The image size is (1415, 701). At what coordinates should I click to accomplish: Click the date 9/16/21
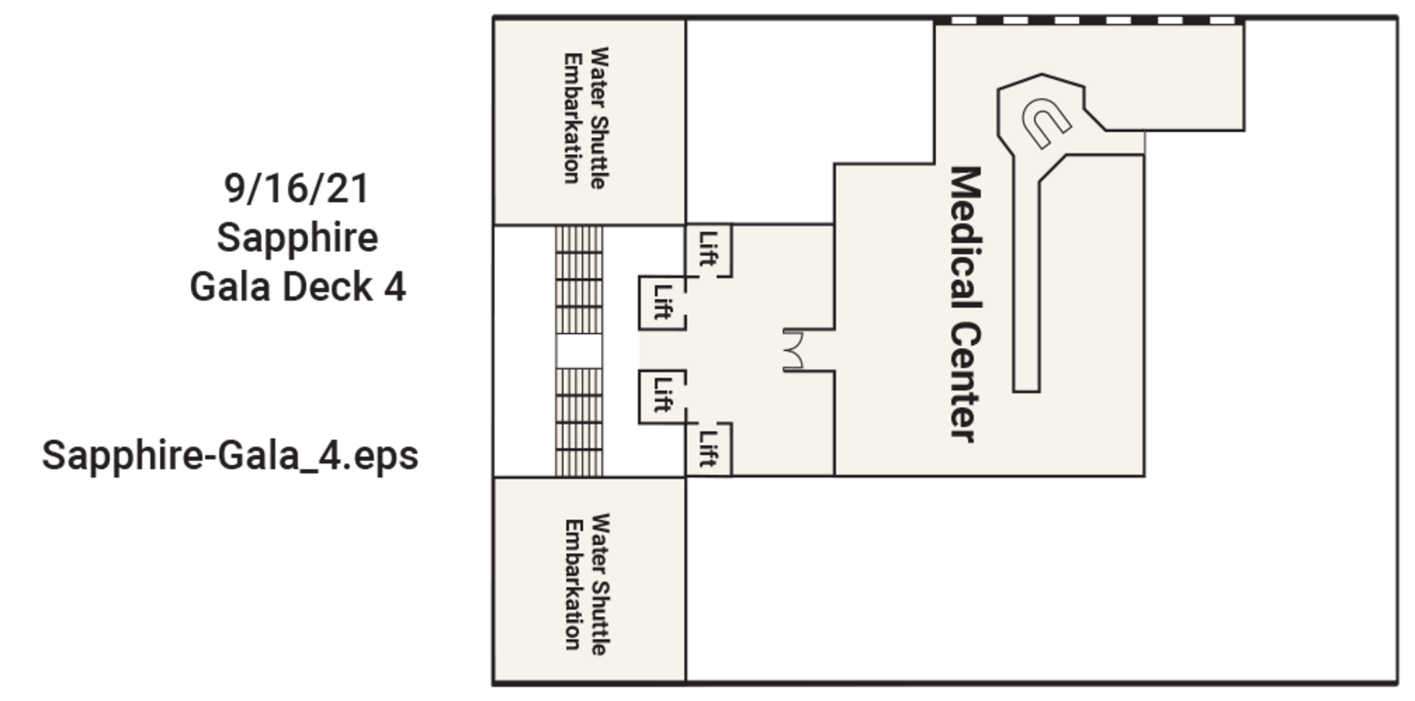[x=296, y=189]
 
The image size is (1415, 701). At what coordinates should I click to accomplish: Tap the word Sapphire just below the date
[x=298, y=237]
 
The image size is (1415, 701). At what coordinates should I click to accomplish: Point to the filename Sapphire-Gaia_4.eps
[x=231, y=456]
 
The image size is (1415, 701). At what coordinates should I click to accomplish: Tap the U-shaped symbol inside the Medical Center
[x=1045, y=122]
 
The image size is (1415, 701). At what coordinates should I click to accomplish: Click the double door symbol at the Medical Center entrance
[x=796, y=350]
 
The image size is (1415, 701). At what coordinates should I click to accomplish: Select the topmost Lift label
[x=708, y=249]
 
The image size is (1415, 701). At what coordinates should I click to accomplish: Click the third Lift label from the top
[x=662, y=394]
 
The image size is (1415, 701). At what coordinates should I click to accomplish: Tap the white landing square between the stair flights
[x=579, y=352]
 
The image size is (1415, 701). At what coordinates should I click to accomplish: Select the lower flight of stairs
[x=579, y=422]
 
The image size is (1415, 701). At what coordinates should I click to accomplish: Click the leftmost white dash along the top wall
[x=959, y=20]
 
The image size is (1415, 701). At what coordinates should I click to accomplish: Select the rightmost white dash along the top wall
[x=1223, y=20]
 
